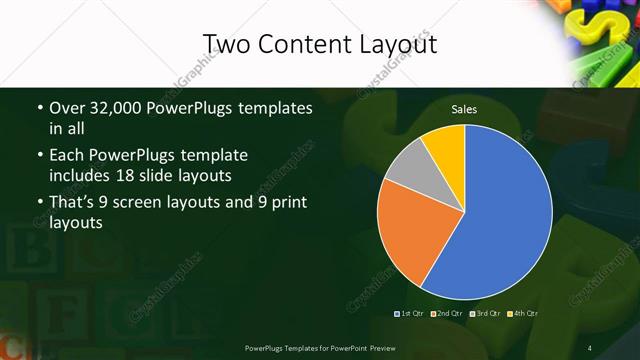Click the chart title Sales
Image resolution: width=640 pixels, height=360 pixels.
pyautogui.click(x=463, y=109)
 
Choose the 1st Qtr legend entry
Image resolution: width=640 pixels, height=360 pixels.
pyautogui.click(x=411, y=315)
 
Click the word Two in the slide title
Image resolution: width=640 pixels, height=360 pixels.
pyautogui.click(x=223, y=44)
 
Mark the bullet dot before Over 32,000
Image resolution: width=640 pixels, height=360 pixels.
pyautogui.click(x=39, y=108)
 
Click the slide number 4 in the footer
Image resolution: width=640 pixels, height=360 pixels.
pyautogui.click(x=589, y=347)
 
